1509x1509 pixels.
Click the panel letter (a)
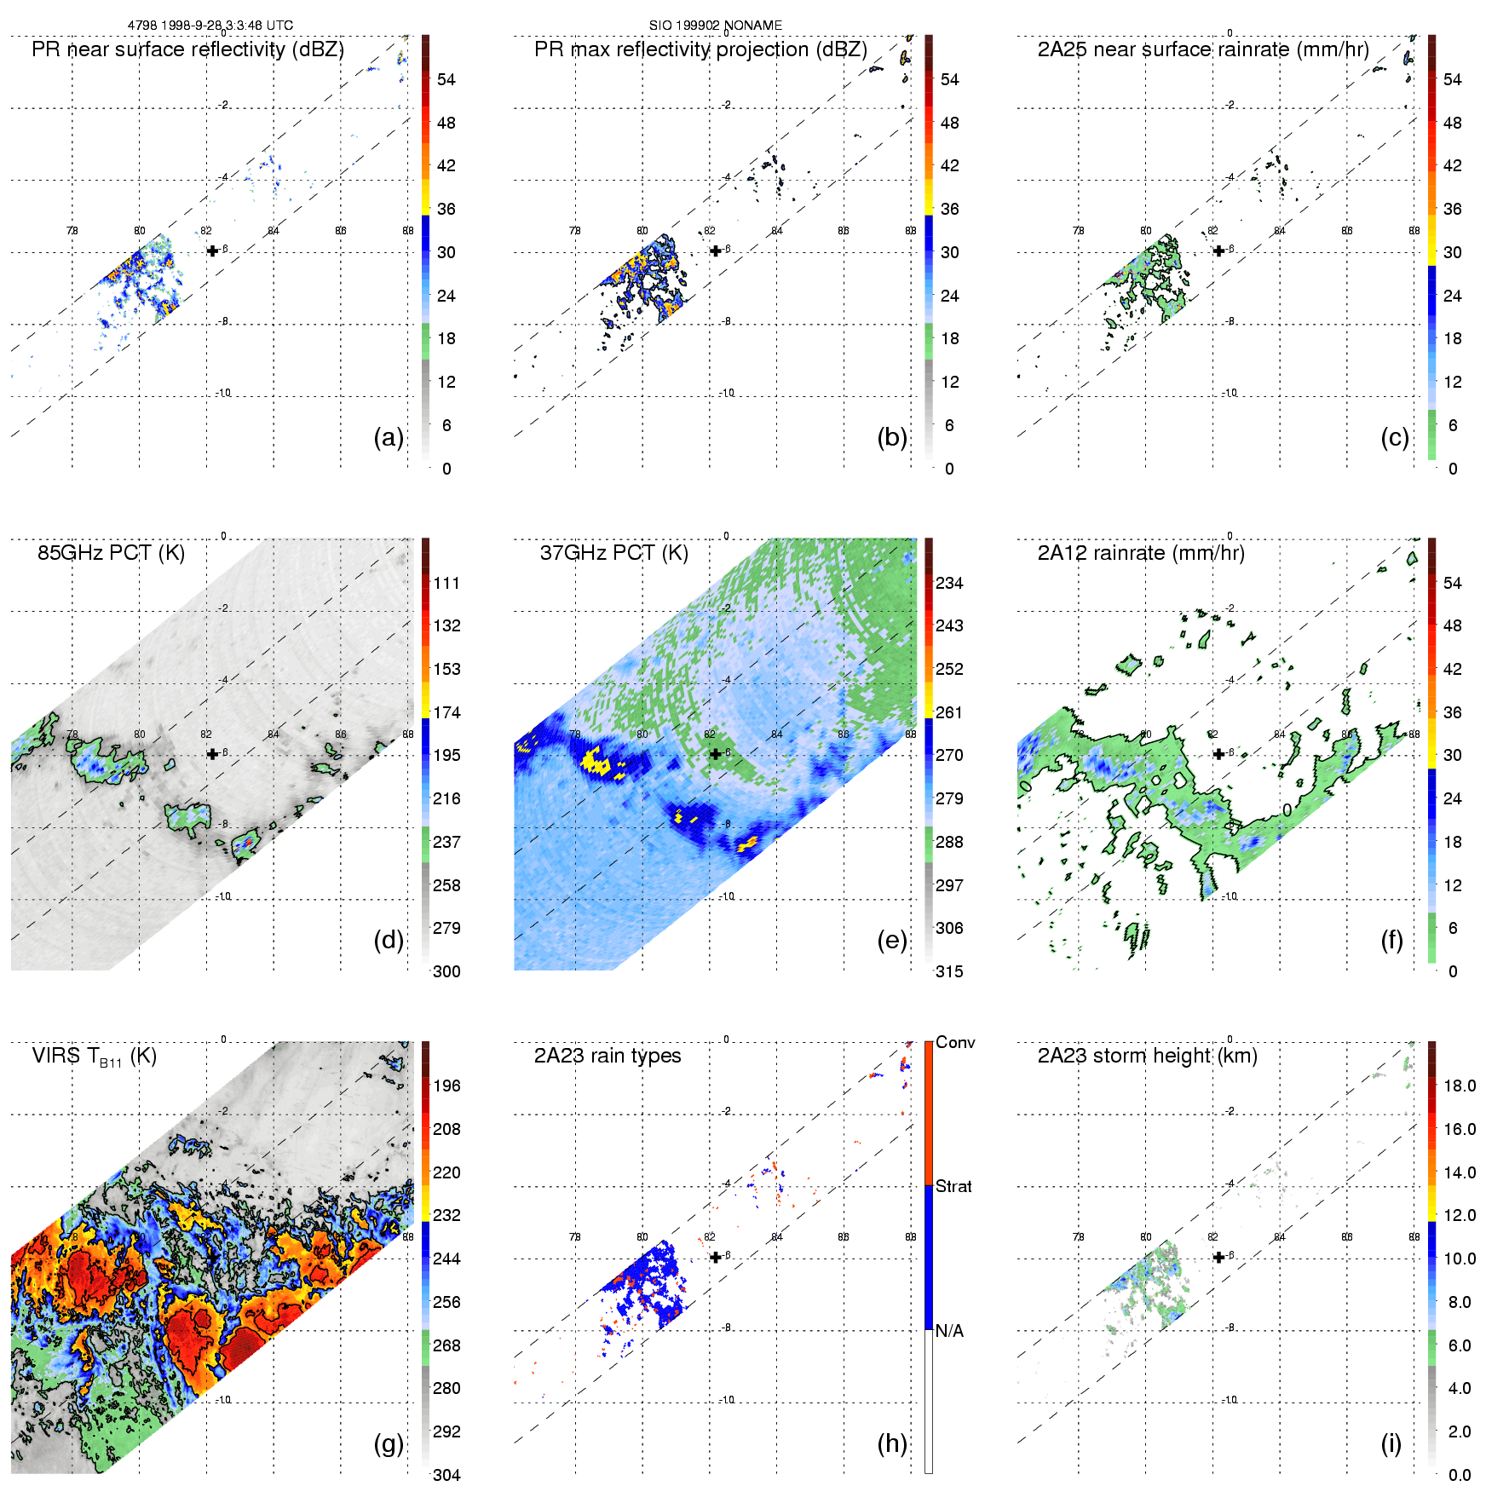[x=389, y=438]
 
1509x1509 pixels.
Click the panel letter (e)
[x=891, y=941]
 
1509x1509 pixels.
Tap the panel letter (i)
[x=1391, y=1443]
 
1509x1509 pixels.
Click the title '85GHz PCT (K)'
[x=111, y=553]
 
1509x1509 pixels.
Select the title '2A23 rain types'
[x=608, y=1056]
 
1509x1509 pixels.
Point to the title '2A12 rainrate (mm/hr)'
[x=1141, y=553]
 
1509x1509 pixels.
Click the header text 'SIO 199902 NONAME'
[x=716, y=26]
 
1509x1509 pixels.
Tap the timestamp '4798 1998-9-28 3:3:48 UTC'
[x=210, y=26]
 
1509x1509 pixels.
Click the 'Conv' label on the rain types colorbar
[x=955, y=1043]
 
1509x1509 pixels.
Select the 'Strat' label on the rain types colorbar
[x=953, y=1187]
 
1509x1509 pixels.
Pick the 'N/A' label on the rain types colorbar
[x=949, y=1331]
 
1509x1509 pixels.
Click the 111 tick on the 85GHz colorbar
[x=446, y=584]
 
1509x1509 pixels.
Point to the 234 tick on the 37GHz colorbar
[x=949, y=584]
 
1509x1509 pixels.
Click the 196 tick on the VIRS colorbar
[x=446, y=1086]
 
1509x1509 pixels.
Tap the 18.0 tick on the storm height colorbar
[x=1460, y=1086]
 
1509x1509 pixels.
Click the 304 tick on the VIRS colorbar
[x=446, y=1475]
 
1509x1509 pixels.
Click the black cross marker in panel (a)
[x=212, y=251]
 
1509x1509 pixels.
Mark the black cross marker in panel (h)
[x=716, y=1257]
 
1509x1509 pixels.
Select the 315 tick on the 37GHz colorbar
[x=949, y=972]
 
